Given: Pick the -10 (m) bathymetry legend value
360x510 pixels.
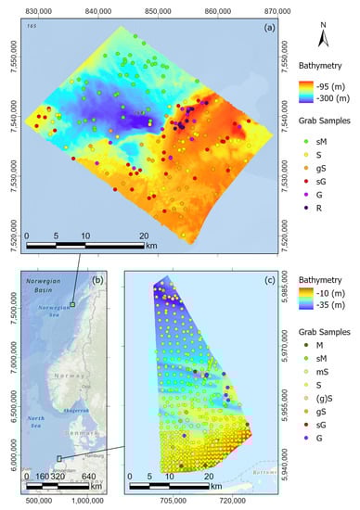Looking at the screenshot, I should (x=333, y=294).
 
